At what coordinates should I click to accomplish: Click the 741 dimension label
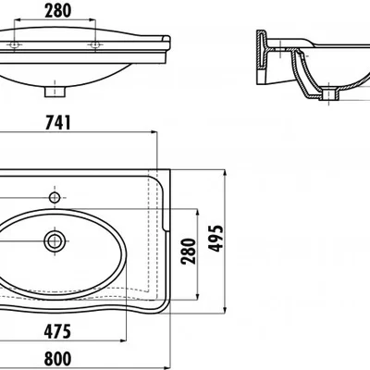(x=58, y=122)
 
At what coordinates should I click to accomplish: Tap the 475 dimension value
(x=57, y=332)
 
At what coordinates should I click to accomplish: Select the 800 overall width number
(x=57, y=359)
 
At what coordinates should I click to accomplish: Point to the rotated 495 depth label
(x=216, y=239)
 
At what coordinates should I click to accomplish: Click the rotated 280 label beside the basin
(x=189, y=252)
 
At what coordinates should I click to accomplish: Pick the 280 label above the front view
(x=58, y=10)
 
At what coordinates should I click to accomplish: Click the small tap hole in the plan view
(x=55, y=197)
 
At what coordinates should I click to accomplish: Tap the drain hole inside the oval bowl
(x=55, y=241)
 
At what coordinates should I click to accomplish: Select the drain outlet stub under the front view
(x=55, y=92)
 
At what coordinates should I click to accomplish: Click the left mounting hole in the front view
(x=14, y=44)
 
